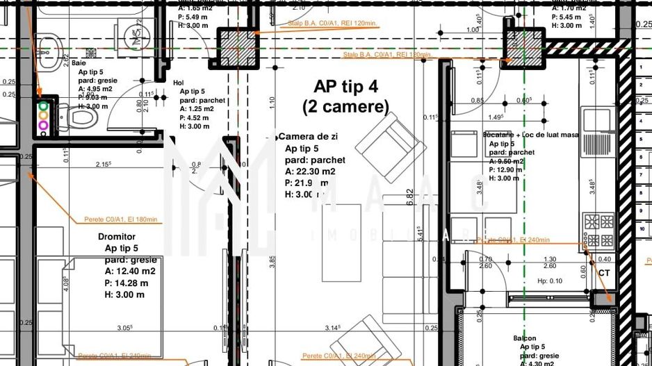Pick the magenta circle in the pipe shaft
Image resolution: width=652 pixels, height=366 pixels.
pyautogui.click(x=43, y=126)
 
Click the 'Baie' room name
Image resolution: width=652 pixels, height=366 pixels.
pyautogui.click(x=79, y=63)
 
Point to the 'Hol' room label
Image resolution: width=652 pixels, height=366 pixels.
pyautogui.click(x=179, y=82)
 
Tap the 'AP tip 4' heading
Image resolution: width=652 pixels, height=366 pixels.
pyautogui.click(x=345, y=87)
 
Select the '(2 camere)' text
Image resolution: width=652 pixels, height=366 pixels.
pyautogui.click(x=345, y=107)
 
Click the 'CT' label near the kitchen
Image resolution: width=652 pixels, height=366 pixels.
pyautogui.click(x=604, y=274)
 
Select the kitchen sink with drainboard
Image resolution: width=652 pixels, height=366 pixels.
pyautogui.click(x=597, y=121)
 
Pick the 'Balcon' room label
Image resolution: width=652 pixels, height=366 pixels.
pyautogui.click(x=524, y=338)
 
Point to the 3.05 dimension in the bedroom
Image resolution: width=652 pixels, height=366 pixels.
pyautogui.click(x=125, y=327)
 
